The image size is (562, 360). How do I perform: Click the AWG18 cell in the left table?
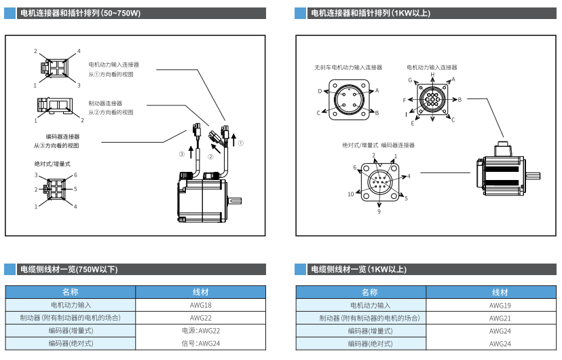pyautogui.click(x=201, y=306)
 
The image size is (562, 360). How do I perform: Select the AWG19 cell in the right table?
pyautogui.click(x=500, y=306)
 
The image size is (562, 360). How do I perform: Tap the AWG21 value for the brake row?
pyautogui.click(x=500, y=318)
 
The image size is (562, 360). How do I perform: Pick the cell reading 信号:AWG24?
pyautogui.click(x=201, y=344)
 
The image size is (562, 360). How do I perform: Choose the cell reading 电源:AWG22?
pyautogui.click(x=201, y=331)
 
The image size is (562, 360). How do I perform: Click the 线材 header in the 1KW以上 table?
pyautogui.click(x=500, y=292)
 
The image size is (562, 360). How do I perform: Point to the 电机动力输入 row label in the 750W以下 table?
pyautogui.click(x=71, y=306)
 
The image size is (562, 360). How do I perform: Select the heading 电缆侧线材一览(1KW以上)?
pyautogui.click(x=358, y=270)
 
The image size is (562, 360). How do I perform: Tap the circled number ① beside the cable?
pyautogui.click(x=240, y=143)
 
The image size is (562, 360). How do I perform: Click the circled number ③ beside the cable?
pyautogui.click(x=181, y=154)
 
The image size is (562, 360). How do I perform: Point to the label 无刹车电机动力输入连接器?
pyautogui.click(x=348, y=68)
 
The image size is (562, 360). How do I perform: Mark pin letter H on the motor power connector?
pyautogui.click(x=432, y=74)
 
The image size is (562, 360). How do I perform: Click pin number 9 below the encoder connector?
pyautogui.click(x=379, y=212)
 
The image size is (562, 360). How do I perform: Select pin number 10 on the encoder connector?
pyautogui.click(x=351, y=194)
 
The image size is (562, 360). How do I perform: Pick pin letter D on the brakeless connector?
pyautogui.click(x=320, y=91)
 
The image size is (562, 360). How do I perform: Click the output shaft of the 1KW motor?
pyautogui.click(x=533, y=177)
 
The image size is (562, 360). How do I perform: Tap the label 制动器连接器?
pyautogui.click(x=105, y=103)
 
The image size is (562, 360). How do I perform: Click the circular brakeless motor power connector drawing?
pyautogui.click(x=348, y=101)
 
